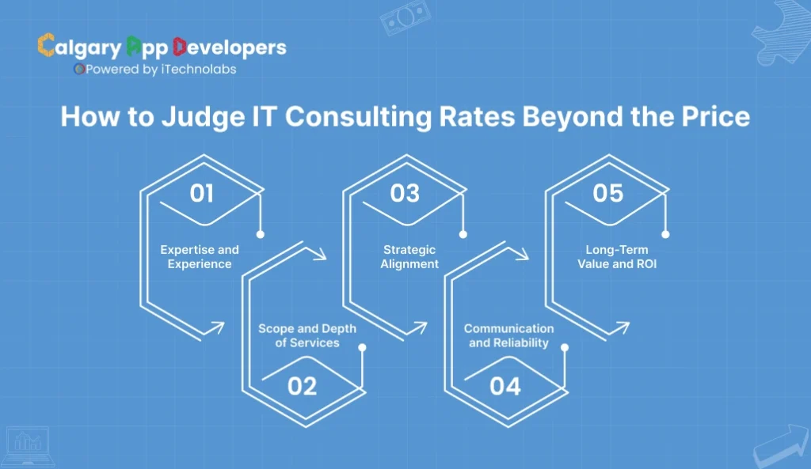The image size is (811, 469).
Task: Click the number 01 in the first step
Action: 202,194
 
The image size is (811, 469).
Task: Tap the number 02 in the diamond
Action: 303,386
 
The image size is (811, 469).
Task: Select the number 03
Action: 405,194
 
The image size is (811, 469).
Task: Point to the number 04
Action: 505,386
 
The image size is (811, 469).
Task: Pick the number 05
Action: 607,194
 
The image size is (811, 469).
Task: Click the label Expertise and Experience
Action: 200,256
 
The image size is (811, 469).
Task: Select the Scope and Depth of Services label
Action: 307,335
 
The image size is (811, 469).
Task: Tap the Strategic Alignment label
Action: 409,256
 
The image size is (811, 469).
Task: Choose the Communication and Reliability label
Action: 509,335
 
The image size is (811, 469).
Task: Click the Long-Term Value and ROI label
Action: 612,256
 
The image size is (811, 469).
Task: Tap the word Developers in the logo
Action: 229,47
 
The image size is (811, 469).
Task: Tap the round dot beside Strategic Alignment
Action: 463,234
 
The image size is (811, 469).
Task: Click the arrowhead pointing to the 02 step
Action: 321,255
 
